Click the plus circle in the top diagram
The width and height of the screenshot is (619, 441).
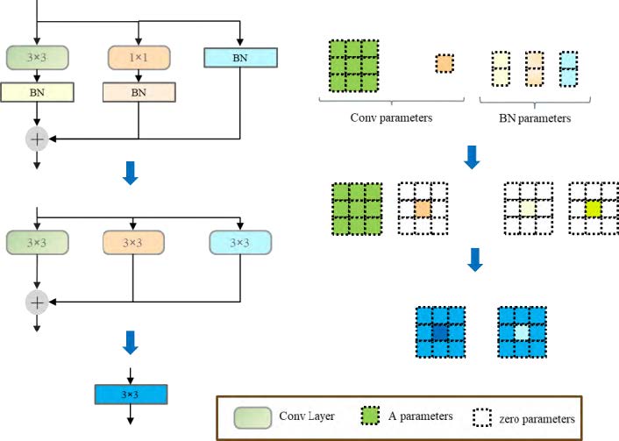37,138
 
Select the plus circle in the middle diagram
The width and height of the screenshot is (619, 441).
37,302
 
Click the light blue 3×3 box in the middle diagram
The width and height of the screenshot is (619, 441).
240,241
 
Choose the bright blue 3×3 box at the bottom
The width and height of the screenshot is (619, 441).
130,395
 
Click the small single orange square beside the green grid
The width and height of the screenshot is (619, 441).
445,63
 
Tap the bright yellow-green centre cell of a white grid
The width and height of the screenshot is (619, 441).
594,209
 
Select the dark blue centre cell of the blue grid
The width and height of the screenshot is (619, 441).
440,333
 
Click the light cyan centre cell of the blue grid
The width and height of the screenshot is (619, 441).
522,333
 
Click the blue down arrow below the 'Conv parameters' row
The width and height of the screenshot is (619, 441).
472,155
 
